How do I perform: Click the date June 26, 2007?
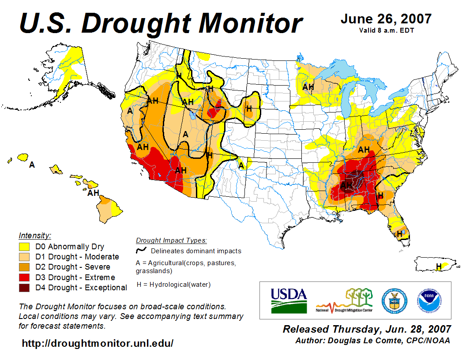(386, 19)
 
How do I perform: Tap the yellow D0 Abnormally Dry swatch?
(24, 247)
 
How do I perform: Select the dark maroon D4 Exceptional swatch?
(24, 288)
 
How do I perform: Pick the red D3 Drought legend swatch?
(24, 277)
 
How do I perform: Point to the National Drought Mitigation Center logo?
(345, 300)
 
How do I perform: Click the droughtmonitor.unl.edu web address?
(98, 343)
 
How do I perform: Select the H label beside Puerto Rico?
(439, 266)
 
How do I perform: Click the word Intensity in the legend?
(35, 235)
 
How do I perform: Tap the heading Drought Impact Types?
(171, 240)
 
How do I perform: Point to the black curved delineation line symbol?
(141, 251)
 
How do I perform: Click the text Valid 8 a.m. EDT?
(386, 30)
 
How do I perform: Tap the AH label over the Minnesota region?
(308, 87)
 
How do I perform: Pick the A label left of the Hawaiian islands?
(32, 165)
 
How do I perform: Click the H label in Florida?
(400, 233)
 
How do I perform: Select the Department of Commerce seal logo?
(394, 300)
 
